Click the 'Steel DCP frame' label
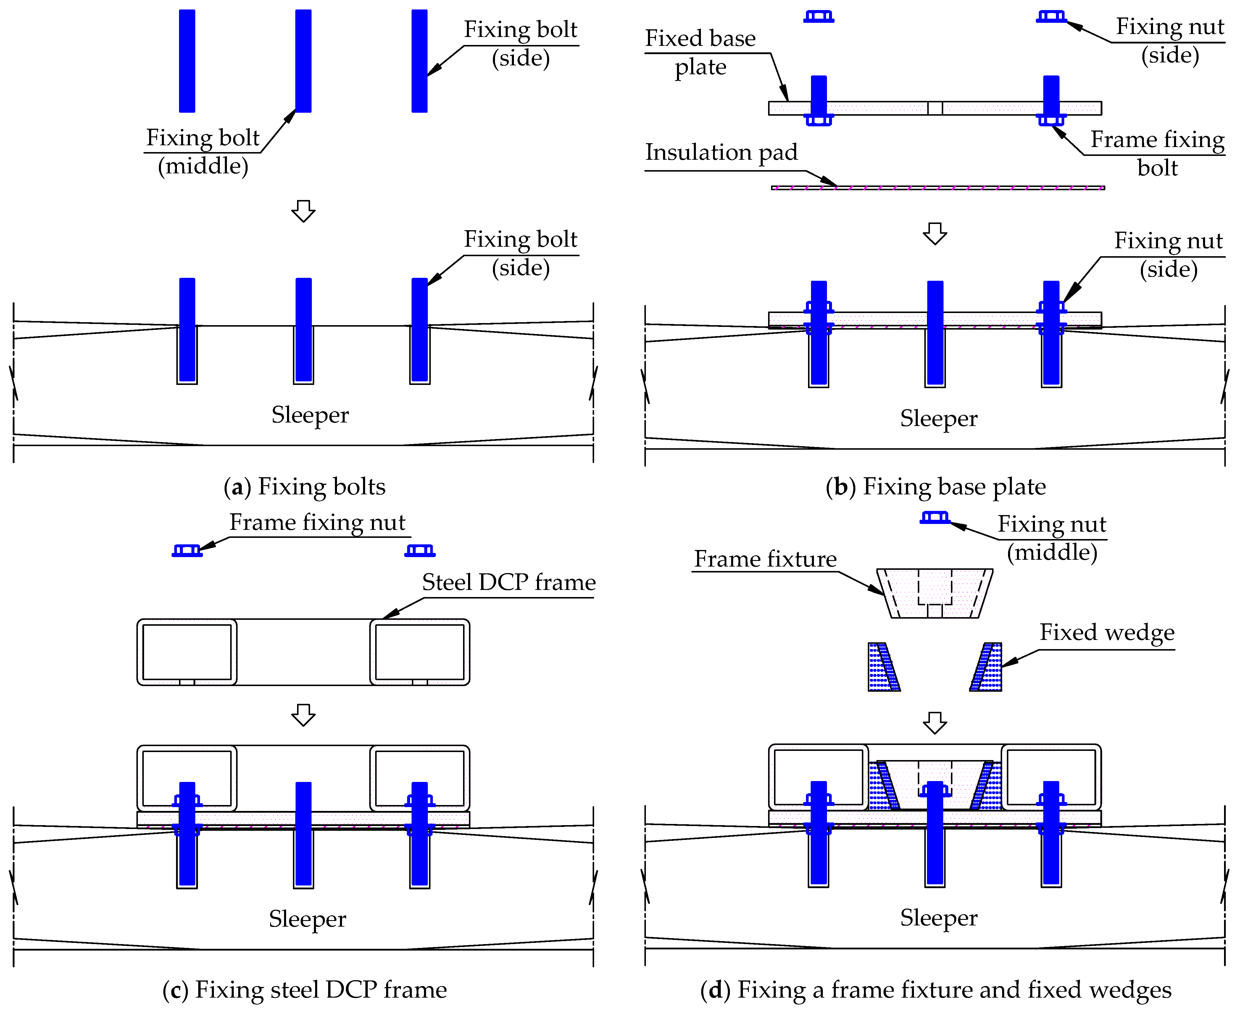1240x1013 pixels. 508,582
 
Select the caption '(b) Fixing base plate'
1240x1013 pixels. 935,487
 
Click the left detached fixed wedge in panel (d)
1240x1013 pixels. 883,667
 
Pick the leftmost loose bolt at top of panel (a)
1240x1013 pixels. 187,61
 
